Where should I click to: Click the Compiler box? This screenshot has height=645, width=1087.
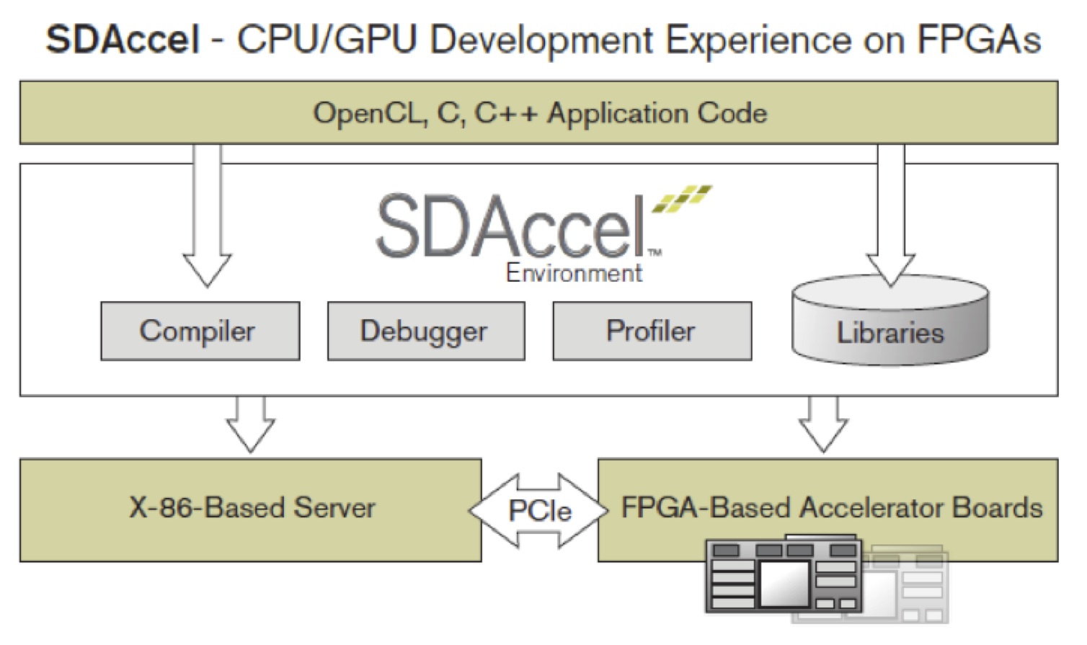click(x=200, y=331)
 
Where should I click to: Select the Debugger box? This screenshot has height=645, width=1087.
click(x=425, y=331)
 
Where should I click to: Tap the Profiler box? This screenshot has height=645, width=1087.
click(x=652, y=331)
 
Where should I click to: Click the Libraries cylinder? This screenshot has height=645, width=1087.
click(x=890, y=328)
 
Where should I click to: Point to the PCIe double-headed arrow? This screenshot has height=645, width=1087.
click(x=539, y=510)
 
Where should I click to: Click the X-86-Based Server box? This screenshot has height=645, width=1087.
click(x=250, y=509)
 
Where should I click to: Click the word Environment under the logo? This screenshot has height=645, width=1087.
click(x=574, y=273)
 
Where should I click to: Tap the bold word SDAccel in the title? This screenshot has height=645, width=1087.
click(x=123, y=40)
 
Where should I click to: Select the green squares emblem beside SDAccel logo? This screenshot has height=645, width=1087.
click(x=681, y=199)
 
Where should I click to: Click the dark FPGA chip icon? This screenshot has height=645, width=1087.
click(x=784, y=575)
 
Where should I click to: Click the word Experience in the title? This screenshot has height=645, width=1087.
click(x=758, y=40)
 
